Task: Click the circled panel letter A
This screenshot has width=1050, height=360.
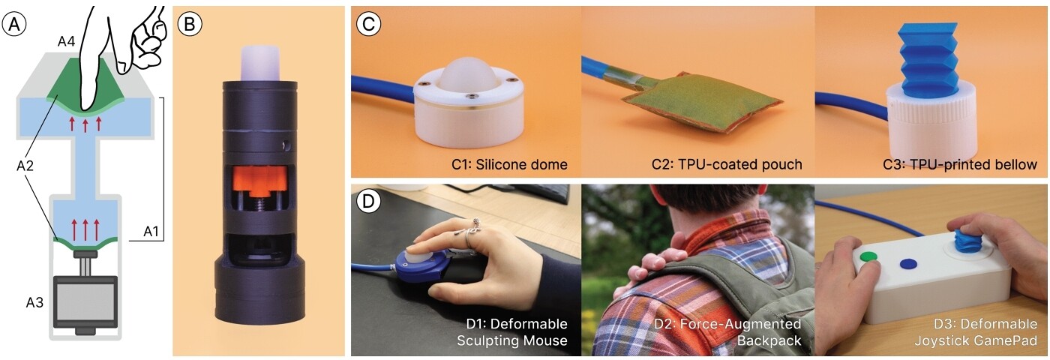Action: click(x=15, y=24)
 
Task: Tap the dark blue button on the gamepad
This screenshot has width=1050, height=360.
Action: click(x=907, y=264)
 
